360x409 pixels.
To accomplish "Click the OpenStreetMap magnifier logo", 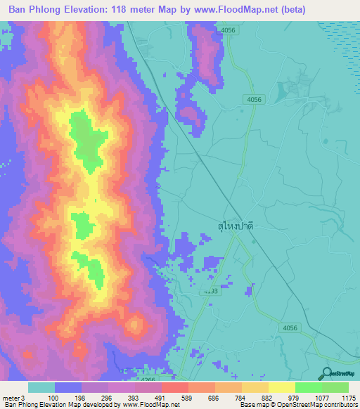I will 326,374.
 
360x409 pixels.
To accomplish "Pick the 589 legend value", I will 174,397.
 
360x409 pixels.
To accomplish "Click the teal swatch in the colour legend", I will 41,387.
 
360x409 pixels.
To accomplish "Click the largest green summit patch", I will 86,141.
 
